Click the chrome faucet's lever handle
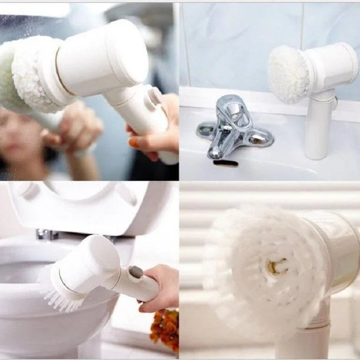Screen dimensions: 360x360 [x=233, y=107]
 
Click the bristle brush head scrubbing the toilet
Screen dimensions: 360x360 [x=60, y=289]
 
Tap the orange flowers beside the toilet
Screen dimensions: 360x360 [x=165, y=329]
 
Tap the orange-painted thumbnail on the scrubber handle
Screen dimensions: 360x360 [x=134, y=142]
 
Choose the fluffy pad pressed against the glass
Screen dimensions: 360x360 [x=29, y=74]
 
